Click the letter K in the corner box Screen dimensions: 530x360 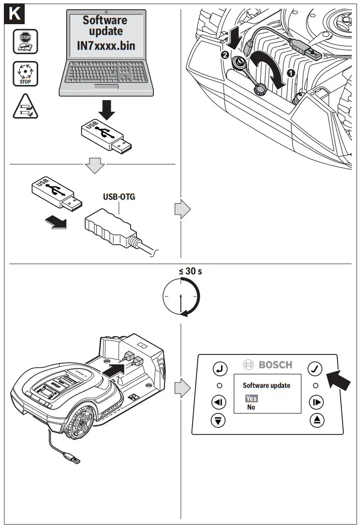(15, 14)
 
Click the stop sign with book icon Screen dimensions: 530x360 (24, 41)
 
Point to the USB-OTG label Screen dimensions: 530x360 (119, 197)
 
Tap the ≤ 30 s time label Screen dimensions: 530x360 (190, 271)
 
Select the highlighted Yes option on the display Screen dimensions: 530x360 (251, 398)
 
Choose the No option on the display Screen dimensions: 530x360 (251, 407)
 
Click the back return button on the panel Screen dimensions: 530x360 (220, 369)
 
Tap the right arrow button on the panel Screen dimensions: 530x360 (316, 402)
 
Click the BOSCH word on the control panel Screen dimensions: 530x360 (275, 365)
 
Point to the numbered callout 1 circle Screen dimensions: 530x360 (290, 74)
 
